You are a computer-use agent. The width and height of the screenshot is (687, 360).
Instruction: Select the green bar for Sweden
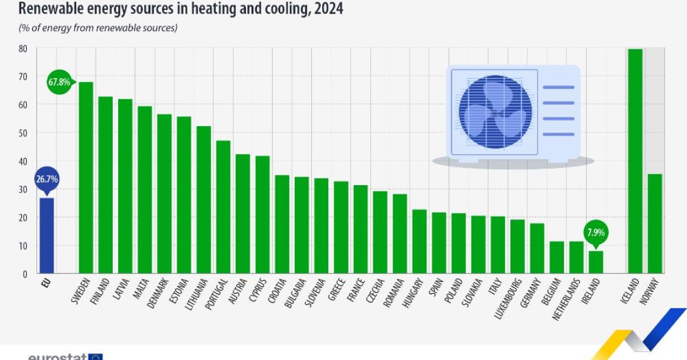(86, 177)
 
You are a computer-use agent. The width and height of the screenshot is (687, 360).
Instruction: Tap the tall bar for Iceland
(635, 161)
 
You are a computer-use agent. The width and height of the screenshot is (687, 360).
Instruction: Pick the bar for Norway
(655, 224)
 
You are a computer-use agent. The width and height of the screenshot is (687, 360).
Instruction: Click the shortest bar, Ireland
(596, 262)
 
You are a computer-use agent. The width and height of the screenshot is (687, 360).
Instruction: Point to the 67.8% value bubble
(59, 82)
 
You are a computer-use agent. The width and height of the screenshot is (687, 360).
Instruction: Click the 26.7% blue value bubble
(46, 180)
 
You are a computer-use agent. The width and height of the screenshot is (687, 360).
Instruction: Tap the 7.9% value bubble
(596, 232)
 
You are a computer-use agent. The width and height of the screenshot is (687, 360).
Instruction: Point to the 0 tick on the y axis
(24, 274)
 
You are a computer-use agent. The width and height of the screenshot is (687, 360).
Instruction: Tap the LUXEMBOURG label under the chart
(508, 298)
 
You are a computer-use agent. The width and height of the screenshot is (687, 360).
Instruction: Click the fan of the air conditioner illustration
(495, 112)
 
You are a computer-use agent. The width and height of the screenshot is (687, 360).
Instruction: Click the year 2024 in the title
(329, 9)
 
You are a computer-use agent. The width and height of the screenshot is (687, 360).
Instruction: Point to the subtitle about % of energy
(97, 28)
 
